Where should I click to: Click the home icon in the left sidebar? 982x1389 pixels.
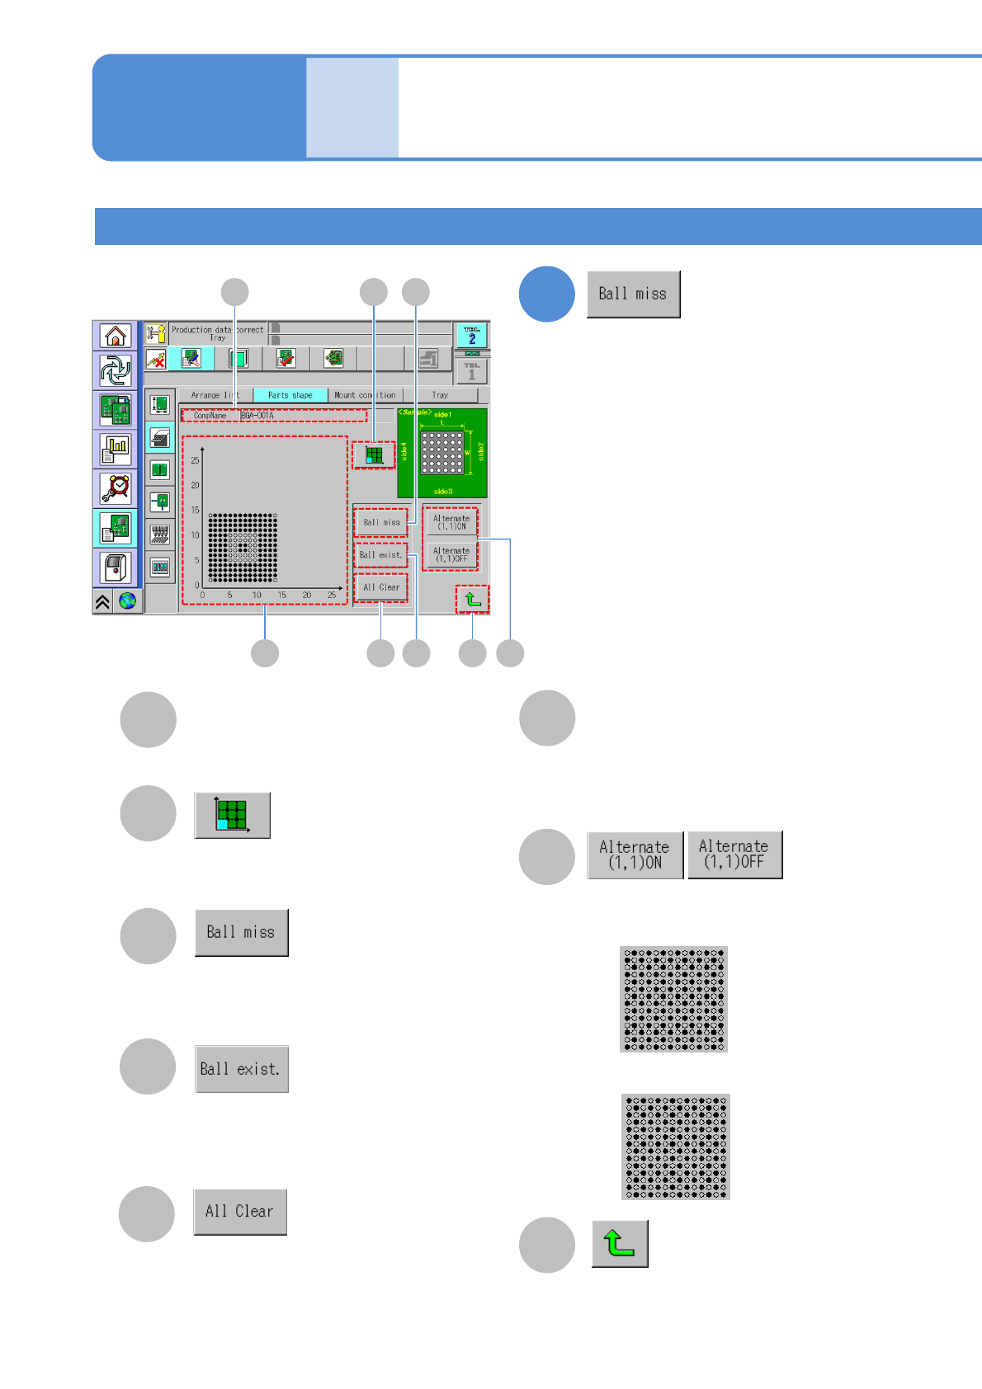point(116,336)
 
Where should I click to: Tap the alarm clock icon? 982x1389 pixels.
point(116,487)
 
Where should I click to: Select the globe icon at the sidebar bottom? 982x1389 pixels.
point(128,601)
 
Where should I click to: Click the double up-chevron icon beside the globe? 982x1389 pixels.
point(102,601)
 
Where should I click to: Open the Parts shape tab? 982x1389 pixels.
point(290,395)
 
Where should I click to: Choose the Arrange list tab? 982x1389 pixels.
point(215,395)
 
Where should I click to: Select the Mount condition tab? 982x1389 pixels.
point(365,395)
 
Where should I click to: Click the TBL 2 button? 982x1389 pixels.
point(472,336)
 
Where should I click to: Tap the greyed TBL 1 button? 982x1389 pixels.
point(472,372)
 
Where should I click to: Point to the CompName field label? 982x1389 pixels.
point(210,416)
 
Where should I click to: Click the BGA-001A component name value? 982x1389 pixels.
point(257,416)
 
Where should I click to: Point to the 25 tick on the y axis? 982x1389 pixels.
point(195,460)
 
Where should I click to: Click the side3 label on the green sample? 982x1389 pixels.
point(443,492)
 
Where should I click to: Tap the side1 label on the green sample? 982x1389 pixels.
point(443,415)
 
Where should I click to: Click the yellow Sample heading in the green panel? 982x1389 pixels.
point(414,412)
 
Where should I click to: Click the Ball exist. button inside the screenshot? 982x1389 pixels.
point(380,555)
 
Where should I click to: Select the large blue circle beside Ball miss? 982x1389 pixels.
point(546,294)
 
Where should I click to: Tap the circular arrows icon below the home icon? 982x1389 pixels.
point(116,371)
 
